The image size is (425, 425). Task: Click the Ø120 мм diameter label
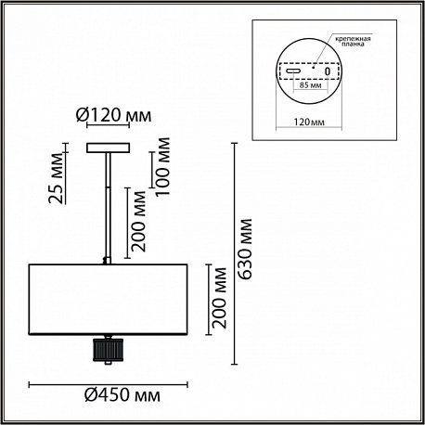pos(114,115)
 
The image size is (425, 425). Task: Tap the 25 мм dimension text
pos(57,178)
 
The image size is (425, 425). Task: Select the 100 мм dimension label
pos(162,166)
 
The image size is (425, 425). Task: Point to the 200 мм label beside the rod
pos(138,221)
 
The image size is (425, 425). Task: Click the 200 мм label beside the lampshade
pos(219,298)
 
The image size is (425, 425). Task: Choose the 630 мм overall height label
pos(245,250)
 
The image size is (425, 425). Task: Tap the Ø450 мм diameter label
pos(122,395)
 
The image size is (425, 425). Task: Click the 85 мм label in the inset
pos(310,85)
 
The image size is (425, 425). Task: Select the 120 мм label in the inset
pos(309,122)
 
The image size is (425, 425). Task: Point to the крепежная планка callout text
pos(355,41)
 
